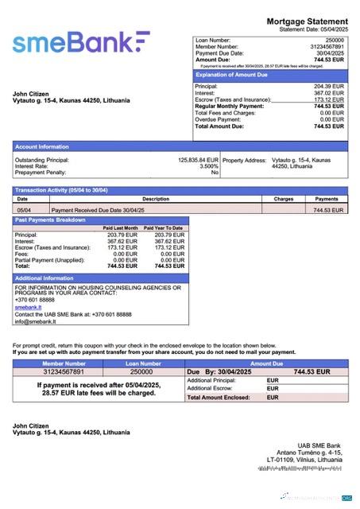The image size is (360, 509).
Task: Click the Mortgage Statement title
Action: tap(308, 21)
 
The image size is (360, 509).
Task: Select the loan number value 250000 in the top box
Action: tap(335, 39)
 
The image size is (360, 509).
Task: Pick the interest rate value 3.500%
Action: tap(208, 166)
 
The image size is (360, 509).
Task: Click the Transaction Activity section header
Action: tap(61, 190)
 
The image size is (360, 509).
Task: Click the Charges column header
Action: tap(284, 199)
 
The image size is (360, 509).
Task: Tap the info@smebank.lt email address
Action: tap(34, 321)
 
